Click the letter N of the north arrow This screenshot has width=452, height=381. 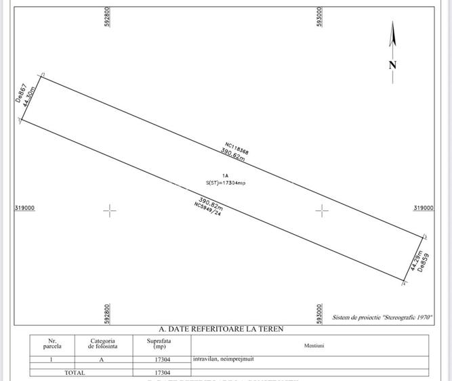392,65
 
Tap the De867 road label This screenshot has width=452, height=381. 21,93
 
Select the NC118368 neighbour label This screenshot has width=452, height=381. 237,148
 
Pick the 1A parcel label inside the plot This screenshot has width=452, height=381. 215,175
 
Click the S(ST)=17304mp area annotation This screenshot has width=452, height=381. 226,183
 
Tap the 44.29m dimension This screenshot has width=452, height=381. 414,261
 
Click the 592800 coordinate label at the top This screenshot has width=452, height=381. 108,18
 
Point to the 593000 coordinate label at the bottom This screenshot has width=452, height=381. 319,313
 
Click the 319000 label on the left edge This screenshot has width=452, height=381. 24,208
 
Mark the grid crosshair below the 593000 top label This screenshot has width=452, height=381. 322,210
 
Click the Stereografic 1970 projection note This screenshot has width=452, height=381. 382,317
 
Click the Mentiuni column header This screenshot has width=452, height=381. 314,346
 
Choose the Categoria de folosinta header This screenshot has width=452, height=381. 102,344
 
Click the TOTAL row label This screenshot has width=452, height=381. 75,372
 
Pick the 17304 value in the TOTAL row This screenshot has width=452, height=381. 162,372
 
